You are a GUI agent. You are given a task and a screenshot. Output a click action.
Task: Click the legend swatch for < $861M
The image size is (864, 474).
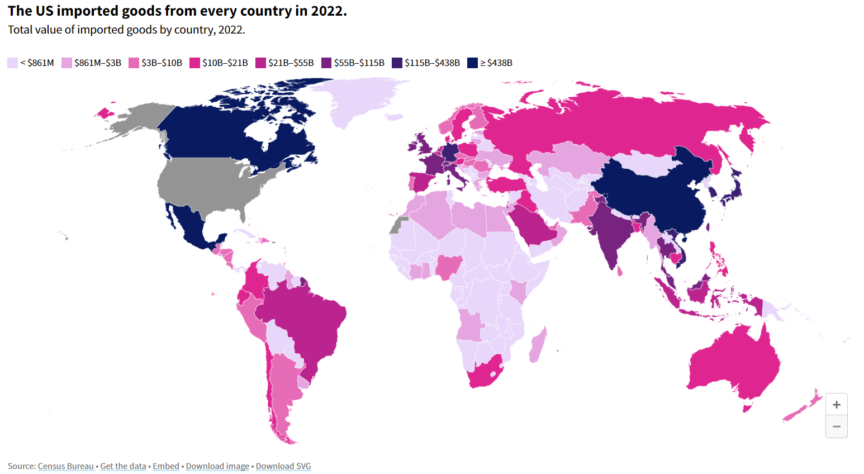(x=13, y=63)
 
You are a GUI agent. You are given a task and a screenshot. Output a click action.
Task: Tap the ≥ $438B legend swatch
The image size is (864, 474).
(x=473, y=63)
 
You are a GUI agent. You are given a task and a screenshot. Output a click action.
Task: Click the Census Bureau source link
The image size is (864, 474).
(x=66, y=466)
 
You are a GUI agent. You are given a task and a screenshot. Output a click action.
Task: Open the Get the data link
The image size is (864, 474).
(x=123, y=466)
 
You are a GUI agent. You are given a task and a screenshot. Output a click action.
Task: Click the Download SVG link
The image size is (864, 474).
(x=283, y=466)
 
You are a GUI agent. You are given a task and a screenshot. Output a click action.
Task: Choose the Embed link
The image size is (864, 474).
(x=166, y=466)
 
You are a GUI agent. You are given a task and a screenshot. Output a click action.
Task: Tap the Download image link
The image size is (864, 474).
(x=217, y=466)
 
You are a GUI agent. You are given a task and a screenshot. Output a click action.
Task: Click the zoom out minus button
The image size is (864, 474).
(x=836, y=426)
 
